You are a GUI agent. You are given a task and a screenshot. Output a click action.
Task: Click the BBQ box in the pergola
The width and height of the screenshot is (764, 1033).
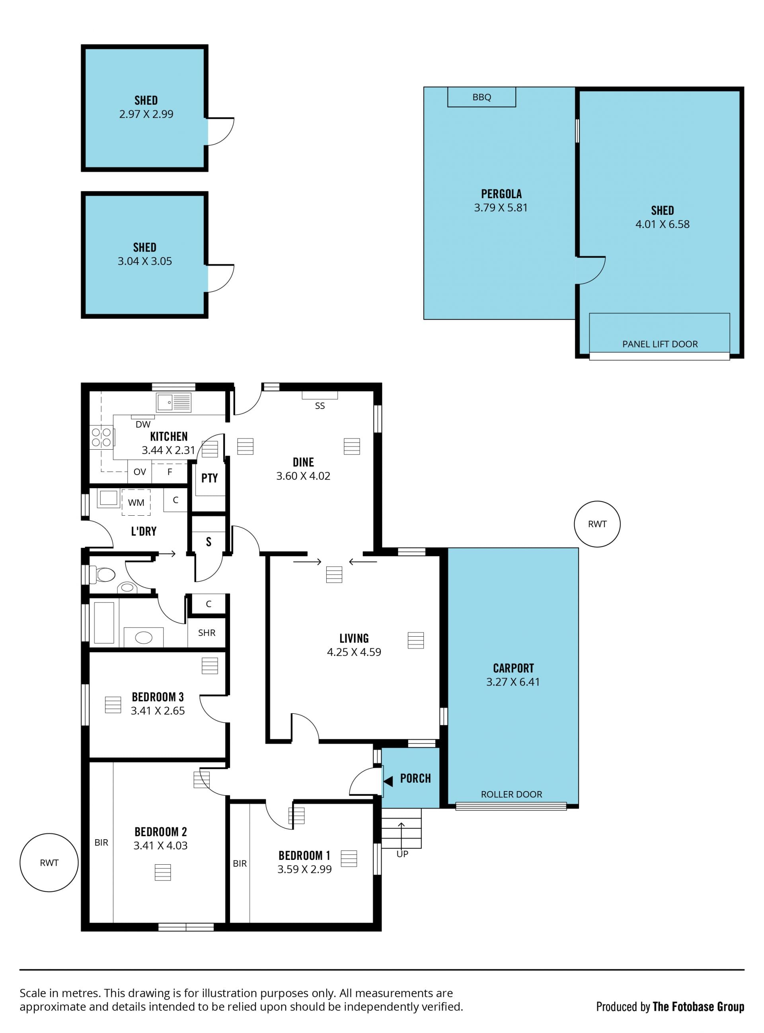pyautogui.click(x=481, y=97)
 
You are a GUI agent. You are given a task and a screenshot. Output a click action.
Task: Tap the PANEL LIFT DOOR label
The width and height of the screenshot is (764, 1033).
pyautogui.click(x=660, y=344)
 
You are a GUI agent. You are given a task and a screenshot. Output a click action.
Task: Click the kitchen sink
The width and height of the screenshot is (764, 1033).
pyautogui.click(x=173, y=402)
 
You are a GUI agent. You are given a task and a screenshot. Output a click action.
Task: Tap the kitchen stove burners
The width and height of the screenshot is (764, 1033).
pyautogui.click(x=101, y=437)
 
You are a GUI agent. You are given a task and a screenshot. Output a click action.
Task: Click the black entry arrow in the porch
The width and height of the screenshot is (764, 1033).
pyautogui.click(x=388, y=782)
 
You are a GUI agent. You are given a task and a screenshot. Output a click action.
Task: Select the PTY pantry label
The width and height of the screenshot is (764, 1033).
pyautogui.click(x=209, y=478)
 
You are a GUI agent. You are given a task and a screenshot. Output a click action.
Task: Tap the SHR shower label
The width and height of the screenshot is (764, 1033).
pyautogui.click(x=207, y=633)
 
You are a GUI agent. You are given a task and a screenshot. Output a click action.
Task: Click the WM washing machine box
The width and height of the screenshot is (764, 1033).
pyautogui.click(x=136, y=502)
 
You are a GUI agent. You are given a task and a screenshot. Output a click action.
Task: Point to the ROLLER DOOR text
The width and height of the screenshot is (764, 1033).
pyautogui.click(x=511, y=794)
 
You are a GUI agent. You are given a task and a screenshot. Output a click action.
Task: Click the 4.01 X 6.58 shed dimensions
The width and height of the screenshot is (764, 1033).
pyautogui.click(x=662, y=224)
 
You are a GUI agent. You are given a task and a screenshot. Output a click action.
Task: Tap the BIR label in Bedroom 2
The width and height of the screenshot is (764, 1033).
pyautogui.click(x=101, y=842)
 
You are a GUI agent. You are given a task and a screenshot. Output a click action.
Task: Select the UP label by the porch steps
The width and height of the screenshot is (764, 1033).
pyautogui.click(x=402, y=854)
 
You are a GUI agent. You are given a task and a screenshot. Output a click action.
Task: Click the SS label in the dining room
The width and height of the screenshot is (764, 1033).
pyautogui.click(x=320, y=406)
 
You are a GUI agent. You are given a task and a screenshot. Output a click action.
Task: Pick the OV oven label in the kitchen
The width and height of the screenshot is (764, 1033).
pyautogui.click(x=140, y=472)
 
